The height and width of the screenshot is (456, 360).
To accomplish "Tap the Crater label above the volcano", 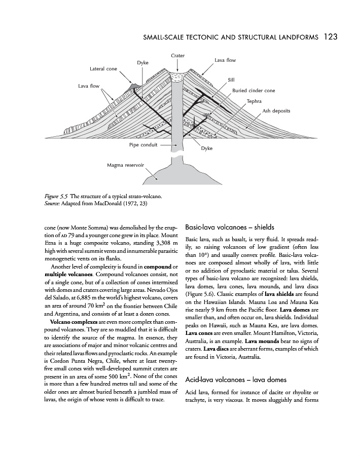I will (x=177, y=55).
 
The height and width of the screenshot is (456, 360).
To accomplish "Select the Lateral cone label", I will (x=103, y=68).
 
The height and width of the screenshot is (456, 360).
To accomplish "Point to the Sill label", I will (x=231, y=80).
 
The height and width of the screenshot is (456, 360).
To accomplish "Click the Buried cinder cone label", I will (x=254, y=91).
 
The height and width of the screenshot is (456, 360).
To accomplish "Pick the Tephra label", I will (x=254, y=101).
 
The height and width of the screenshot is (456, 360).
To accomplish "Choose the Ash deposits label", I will (x=276, y=110).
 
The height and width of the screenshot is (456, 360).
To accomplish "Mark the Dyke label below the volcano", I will (x=206, y=148).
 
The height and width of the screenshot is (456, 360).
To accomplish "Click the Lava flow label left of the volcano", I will (x=89, y=86).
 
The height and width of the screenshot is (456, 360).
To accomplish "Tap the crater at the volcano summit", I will (x=177, y=77).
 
